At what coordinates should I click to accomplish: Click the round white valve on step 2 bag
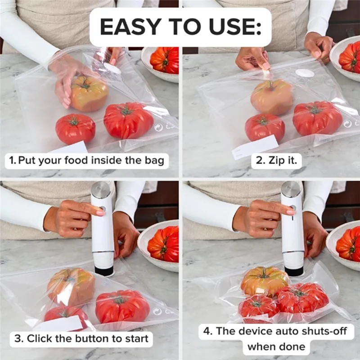(x=305, y=73)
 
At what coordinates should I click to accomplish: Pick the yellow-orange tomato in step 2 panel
(x=272, y=96)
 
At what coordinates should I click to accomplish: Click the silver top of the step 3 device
(x=100, y=190)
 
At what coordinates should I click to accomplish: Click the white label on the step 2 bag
(x=255, y=147)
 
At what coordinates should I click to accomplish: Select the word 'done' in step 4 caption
(x=291, y=346)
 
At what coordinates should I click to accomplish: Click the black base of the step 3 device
(x=104, y=271)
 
